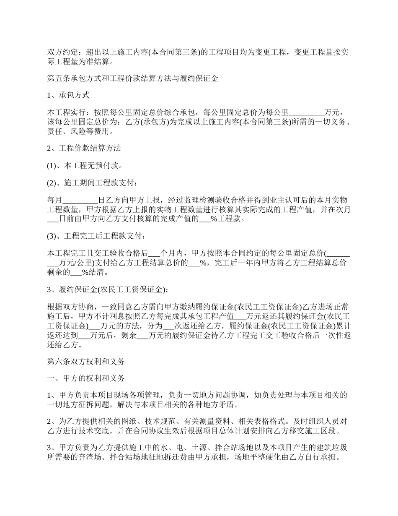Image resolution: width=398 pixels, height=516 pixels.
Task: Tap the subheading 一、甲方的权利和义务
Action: pyautogui.click(x=86, y=378)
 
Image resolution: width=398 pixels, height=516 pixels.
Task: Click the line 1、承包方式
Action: pyautogui.click(x=68, y=95)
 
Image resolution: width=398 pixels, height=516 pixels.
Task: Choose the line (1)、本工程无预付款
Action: pyautogui.click(x=85, y=165)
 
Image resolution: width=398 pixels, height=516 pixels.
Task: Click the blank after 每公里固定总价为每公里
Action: pyautogui.click(x=307, y=113)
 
